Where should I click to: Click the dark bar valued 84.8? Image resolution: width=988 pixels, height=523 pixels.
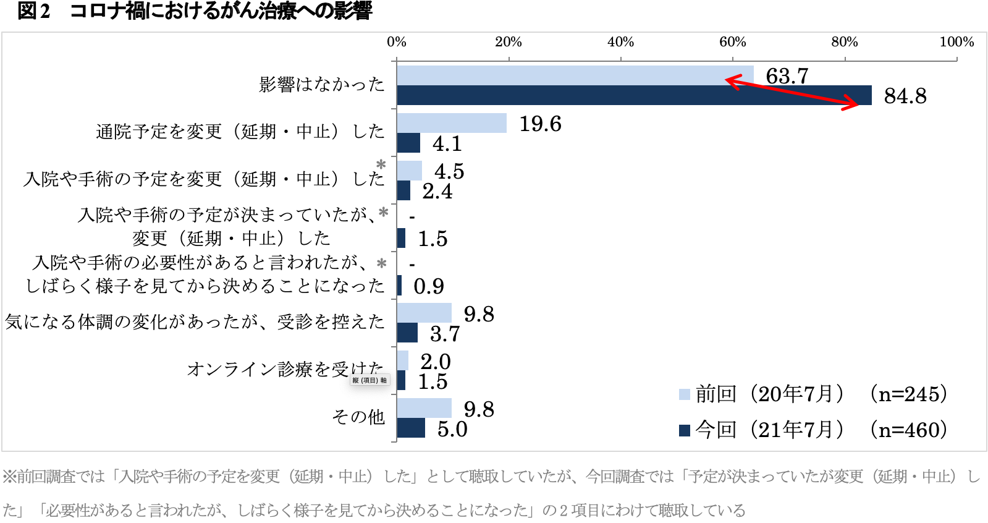pos(633,96)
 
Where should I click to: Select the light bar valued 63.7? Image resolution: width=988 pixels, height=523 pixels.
pos(575,75)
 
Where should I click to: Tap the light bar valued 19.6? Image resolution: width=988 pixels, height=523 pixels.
pos(452,123)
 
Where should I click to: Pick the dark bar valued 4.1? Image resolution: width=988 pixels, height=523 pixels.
pos(408,143)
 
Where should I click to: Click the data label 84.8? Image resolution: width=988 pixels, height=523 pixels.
pos(905,96)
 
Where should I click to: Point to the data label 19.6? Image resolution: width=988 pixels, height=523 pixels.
pos(540,124)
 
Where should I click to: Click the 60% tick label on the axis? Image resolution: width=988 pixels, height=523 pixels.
pos(732,42)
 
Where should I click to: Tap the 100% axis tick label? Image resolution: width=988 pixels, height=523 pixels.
pos(956,42)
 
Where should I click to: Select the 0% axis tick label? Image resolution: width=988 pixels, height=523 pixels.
pos(397,42)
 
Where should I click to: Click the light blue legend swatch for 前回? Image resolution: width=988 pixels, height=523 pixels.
pos(684,394)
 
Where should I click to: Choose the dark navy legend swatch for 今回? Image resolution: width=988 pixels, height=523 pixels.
pos(684,430)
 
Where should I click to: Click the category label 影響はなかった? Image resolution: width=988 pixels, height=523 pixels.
pos(321,85)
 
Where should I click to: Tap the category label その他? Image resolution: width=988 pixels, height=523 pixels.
pos(358,417)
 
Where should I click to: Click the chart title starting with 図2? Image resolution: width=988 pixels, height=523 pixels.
pos(195,11)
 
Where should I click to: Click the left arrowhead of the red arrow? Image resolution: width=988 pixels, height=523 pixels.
pos(729,80)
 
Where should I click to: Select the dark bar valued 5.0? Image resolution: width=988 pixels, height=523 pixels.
pos(411,428)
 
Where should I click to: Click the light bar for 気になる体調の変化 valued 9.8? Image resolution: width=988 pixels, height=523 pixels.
pos(424,313)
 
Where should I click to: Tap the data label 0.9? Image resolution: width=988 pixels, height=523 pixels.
pos(429,286)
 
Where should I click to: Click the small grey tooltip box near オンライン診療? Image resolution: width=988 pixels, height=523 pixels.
pos(370,380)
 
